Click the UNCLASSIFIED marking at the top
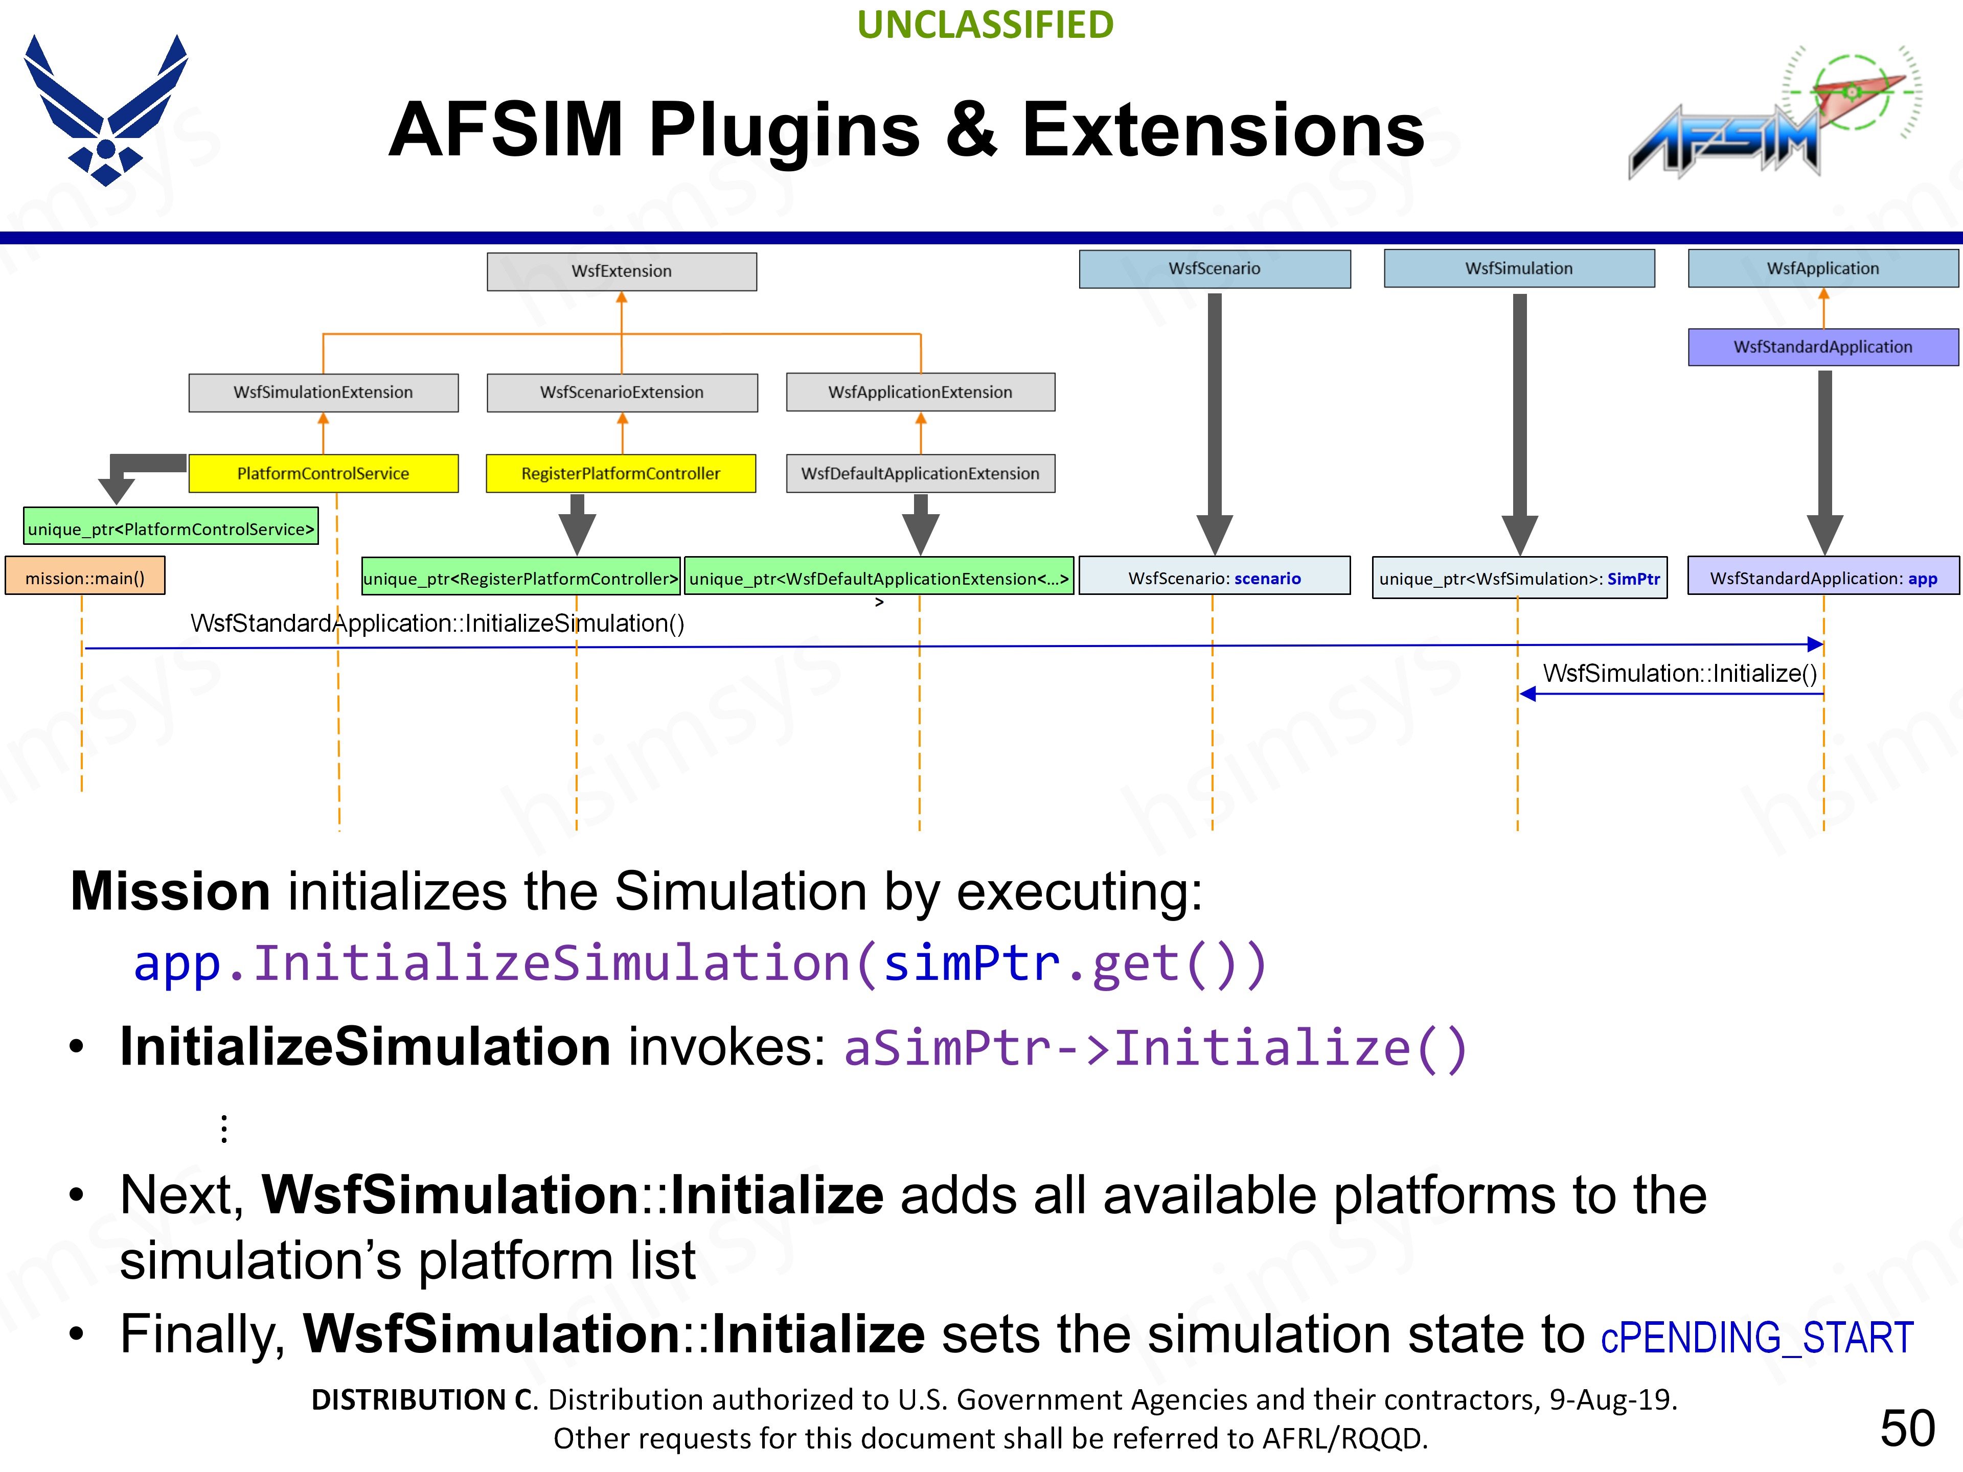(x=985, y=25)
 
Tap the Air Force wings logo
(x=106, y=111)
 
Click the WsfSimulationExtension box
(x=323, y=392)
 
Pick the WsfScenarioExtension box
(x=621, y=392)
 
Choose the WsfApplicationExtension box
(x=920, y=392)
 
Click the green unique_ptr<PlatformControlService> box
(x=170, y=530)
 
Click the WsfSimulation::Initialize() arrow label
(x=1679, y=674)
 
